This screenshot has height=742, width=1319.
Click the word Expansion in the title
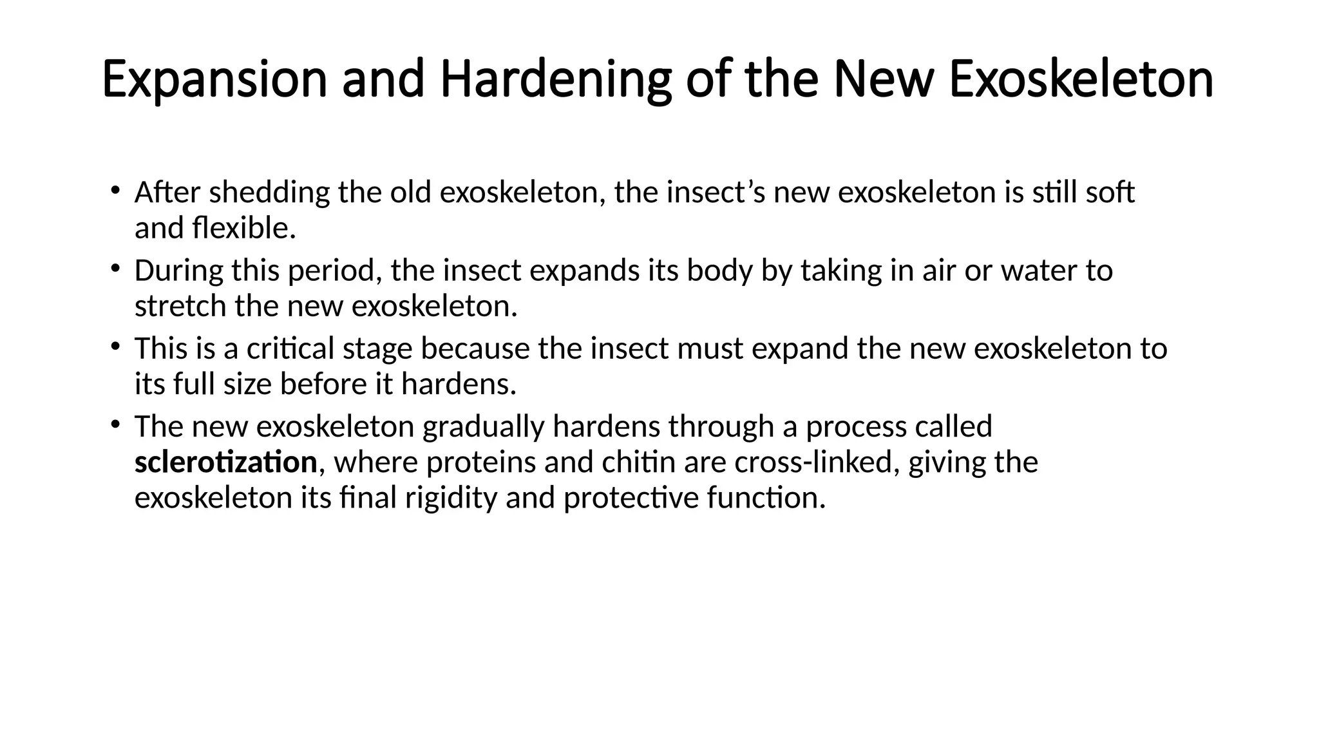[x=214, y=80]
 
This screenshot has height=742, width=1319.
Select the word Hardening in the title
[x=556, y=80]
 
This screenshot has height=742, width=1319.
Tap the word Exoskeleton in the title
[x=1081, y=80]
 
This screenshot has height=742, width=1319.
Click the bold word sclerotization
[x=225, y=462]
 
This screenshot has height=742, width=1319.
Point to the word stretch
[x=180, y=306]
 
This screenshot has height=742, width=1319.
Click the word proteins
[x=480, y=462]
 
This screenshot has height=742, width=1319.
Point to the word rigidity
[x=451, y=498]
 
